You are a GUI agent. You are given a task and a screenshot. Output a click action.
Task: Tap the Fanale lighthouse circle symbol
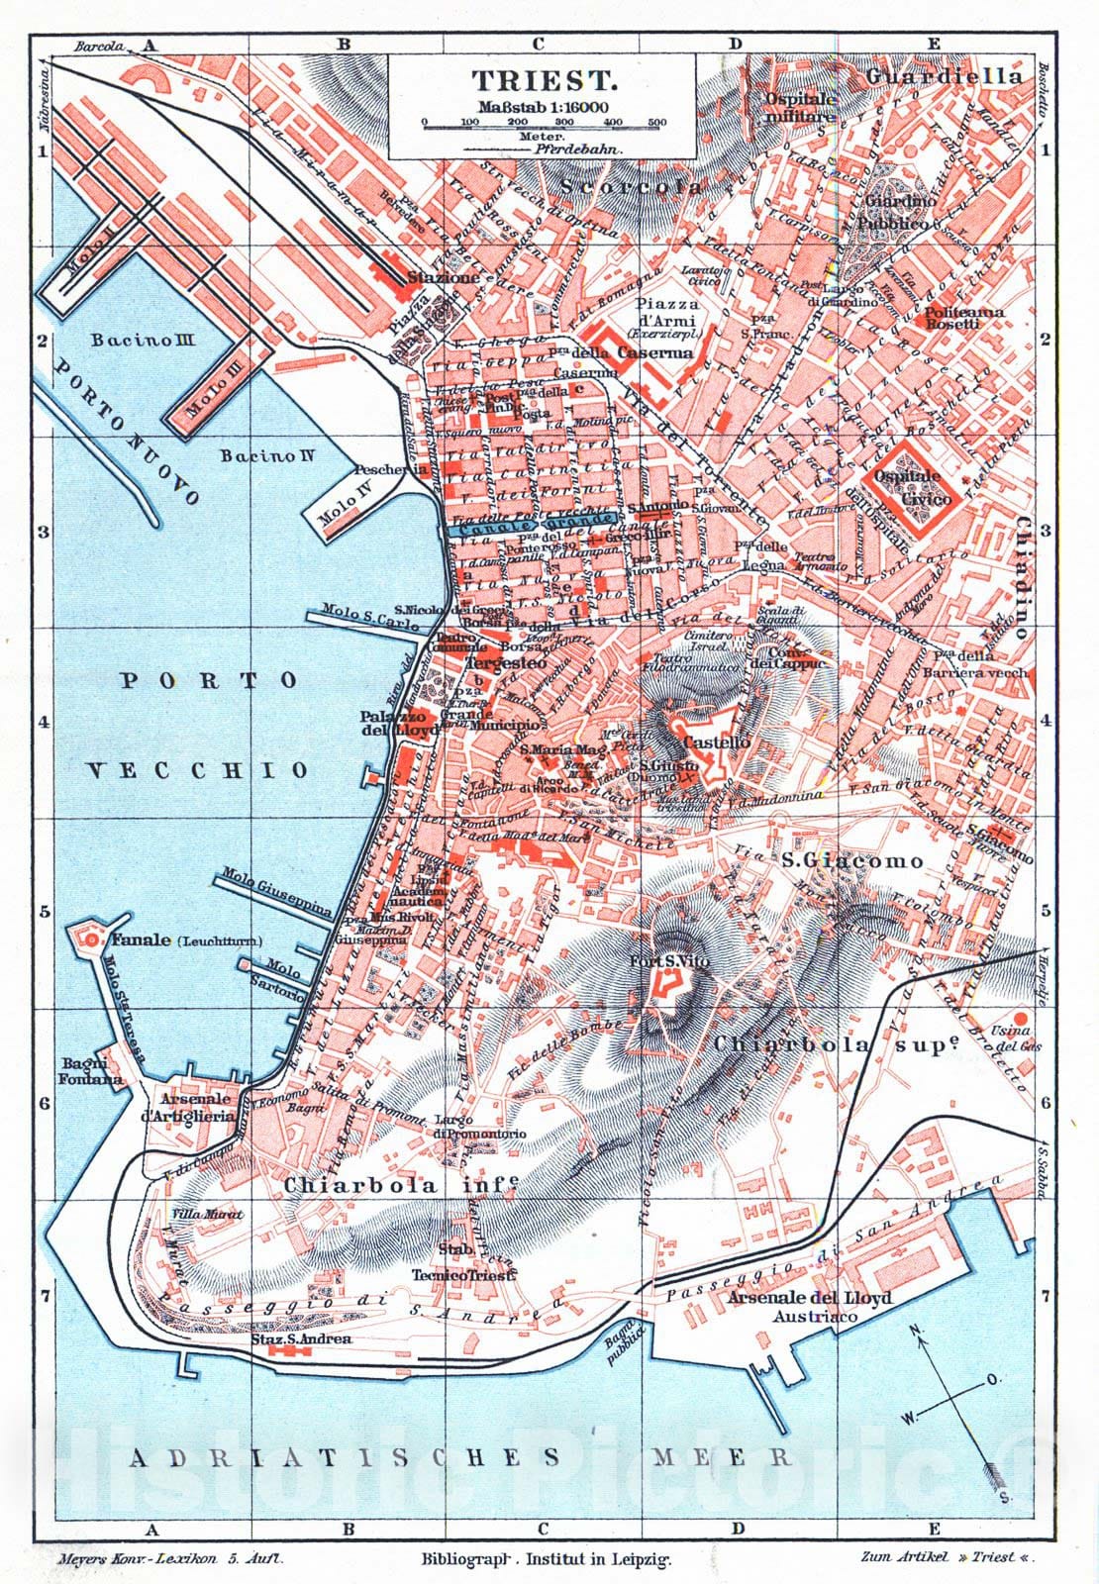pyautogui.click(x=91, y=938)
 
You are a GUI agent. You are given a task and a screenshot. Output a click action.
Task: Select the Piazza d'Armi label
pyautogui.click(x=667, y=314)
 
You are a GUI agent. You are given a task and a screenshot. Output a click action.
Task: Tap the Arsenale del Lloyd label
pyautogui.click(x=810, y=1298)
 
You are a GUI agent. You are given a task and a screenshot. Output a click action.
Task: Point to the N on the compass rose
pyautogui.click(x=916, y=1330)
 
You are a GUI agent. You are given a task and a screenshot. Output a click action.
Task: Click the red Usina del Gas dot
pyautogui.click(x=1020, y=1019)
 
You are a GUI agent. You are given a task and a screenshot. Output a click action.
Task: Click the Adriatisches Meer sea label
pyautogui.click(x=461, y=1457)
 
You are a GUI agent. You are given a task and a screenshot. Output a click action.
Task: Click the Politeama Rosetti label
pyautogui.click(x=964, y=318)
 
